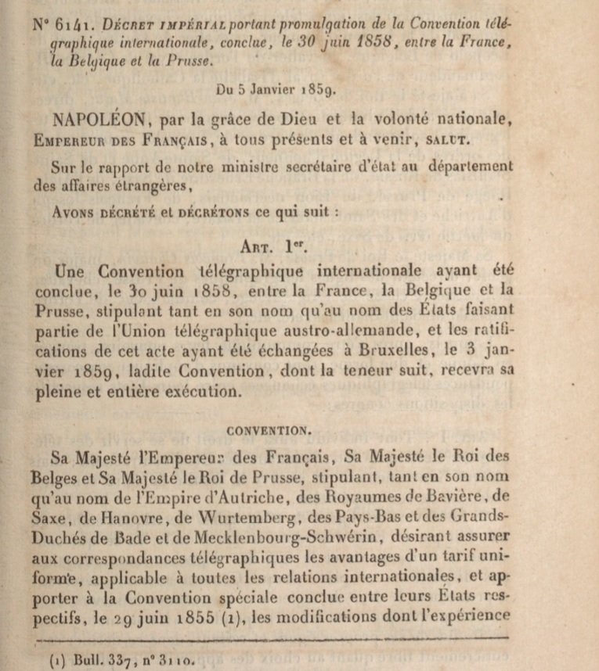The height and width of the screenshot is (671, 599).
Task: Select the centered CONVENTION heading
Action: click(269, 429)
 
